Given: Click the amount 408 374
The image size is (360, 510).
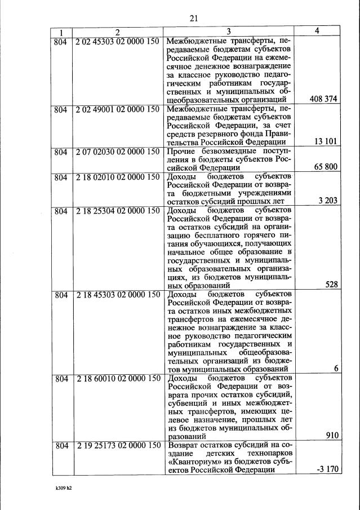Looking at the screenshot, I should pos(323,99).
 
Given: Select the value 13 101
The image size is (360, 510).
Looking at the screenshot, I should pos(327,141).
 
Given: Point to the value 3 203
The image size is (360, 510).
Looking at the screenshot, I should pos(328,200).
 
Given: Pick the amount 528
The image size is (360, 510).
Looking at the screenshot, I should pos(332,285).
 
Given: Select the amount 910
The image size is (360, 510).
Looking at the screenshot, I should pos(332,436).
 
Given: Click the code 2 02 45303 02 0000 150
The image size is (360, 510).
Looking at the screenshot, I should pos(118,42).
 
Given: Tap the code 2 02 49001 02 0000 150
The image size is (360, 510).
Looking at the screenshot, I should pos(118,108).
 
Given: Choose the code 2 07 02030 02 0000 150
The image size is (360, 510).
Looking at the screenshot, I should pos(118,150).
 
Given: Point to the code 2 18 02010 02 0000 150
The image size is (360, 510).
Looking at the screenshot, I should pos(118,176).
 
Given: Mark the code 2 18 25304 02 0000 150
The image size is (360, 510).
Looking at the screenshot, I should pos(118,210).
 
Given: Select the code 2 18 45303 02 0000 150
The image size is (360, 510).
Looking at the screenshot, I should pos(118,294).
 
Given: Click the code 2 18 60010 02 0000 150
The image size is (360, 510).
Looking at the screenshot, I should pos(118,377).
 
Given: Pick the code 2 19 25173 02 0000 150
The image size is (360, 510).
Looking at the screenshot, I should pos(118,445).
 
